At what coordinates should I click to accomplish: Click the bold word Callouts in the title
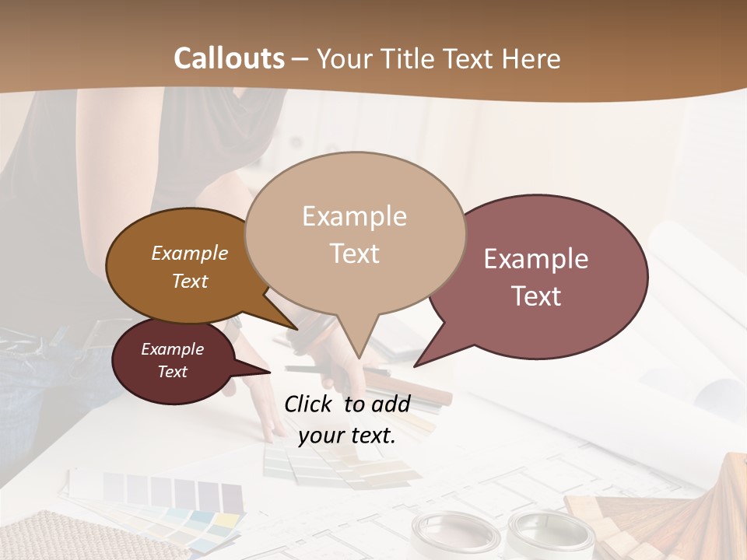click(229, 58)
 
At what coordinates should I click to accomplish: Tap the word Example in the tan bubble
click(354, 216)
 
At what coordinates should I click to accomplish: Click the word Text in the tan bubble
click(354, 253)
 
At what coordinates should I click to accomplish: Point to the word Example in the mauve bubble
click(536, 259)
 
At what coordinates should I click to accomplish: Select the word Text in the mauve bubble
click(536, 296)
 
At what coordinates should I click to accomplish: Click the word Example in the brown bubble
click(189, 253)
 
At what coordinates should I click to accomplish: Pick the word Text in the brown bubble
click(189, 281)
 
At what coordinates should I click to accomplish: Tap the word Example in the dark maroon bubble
click(172, 349)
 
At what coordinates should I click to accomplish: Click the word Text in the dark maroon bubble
click(172, 372)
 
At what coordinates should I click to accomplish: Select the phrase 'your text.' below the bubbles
click(347, 436)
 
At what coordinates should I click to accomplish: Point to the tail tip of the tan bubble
click(358, 357)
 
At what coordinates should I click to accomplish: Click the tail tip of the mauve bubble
click(416, 365)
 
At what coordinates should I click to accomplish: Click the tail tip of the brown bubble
click(296, 329)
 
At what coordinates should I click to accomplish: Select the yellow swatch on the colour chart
click(226, 519)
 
